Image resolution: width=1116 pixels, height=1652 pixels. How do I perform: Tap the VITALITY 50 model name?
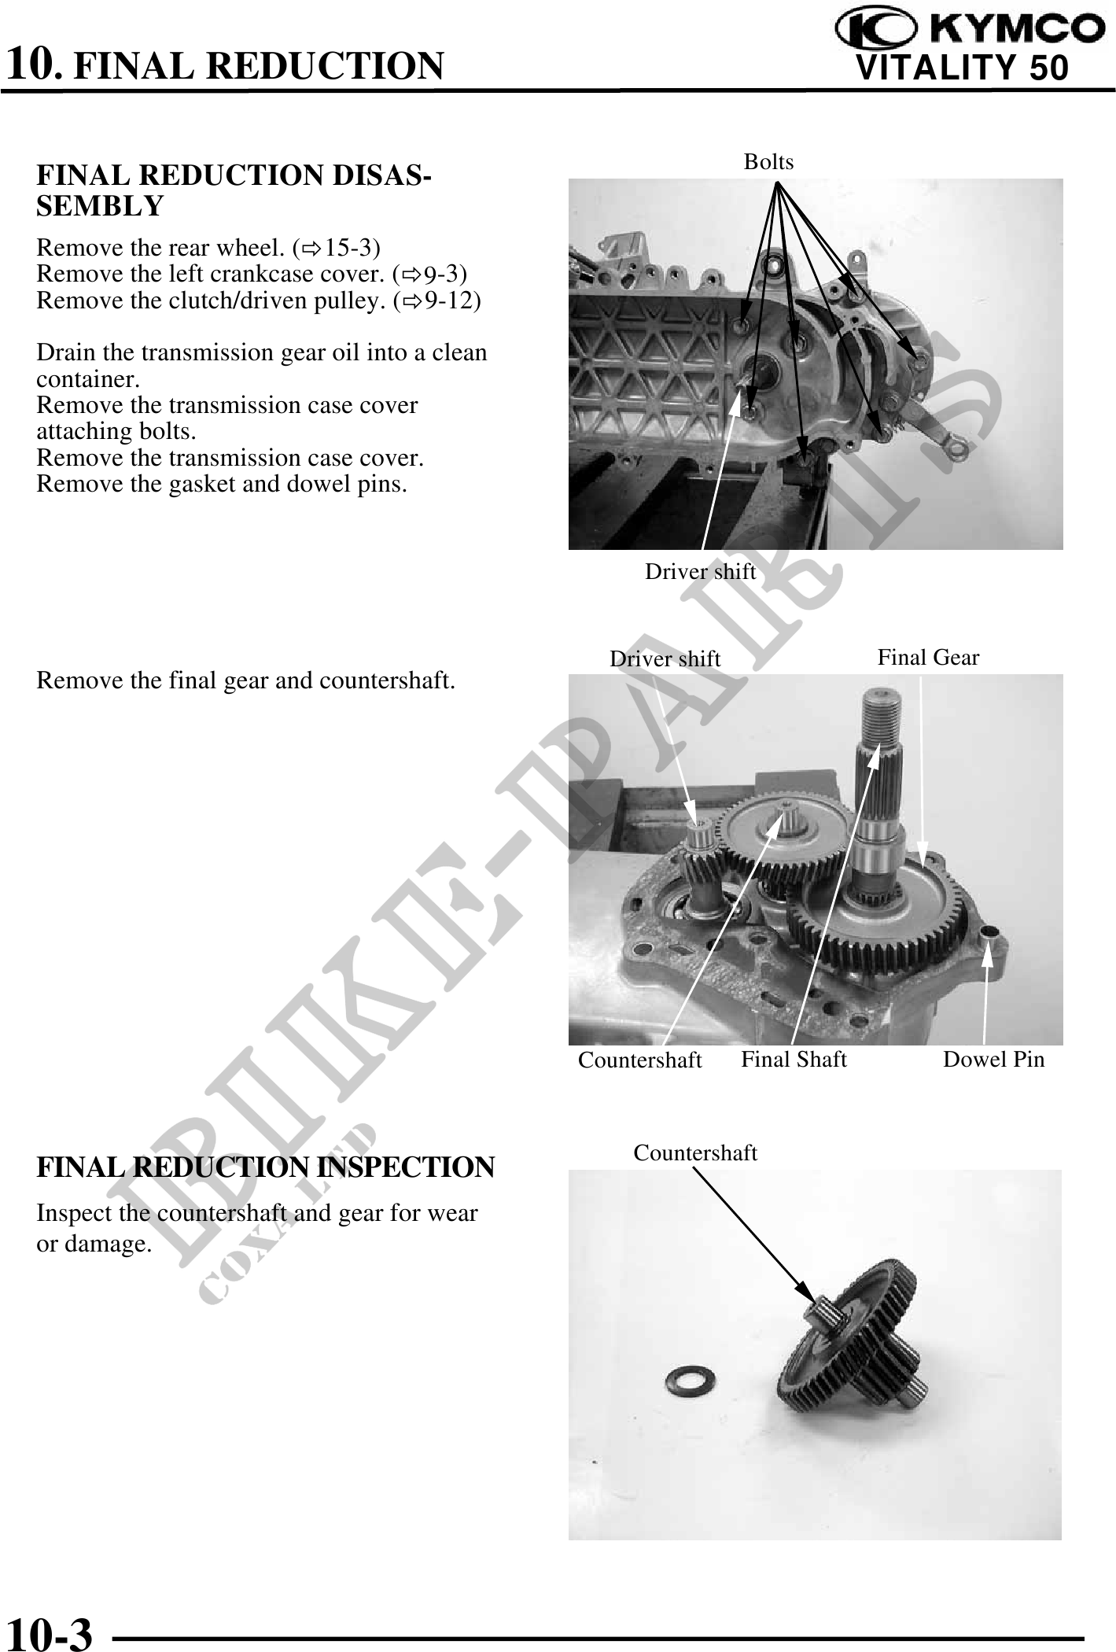[x=962, y=68]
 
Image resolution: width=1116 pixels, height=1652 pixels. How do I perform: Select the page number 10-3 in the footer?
[x=49, y=1631]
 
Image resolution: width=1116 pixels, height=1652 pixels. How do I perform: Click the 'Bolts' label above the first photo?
[x=768, y=162]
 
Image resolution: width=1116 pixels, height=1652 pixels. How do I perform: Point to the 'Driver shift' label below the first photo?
[x=700, y=572]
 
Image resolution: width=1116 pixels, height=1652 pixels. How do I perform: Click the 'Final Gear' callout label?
[x=928, y=658]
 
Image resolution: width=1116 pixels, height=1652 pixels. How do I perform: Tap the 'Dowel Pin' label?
[x=993, y=1060]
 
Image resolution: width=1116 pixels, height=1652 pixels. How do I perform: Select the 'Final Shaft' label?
[x=794, y=1060]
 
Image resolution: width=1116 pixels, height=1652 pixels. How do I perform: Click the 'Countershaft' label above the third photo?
[x=695, y=1153]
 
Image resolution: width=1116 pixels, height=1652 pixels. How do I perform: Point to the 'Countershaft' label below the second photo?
[x=639, y=1060]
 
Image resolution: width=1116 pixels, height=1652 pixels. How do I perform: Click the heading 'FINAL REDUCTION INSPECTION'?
[x=265, y=1167]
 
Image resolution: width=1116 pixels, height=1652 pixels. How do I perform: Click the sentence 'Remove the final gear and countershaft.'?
[x=245, y=680]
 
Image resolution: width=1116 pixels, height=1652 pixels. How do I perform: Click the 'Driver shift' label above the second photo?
[x=665, y=659]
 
